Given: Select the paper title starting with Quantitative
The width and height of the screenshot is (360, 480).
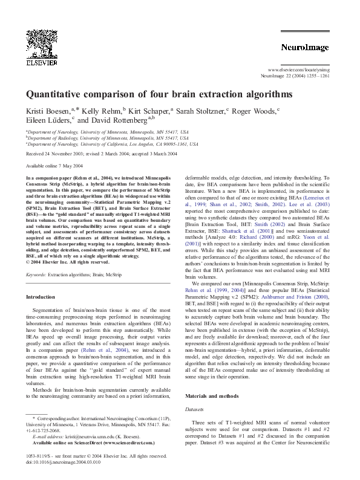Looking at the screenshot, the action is coord(159,95).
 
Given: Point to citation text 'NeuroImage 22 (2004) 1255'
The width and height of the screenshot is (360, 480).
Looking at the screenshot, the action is coord(303,77).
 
